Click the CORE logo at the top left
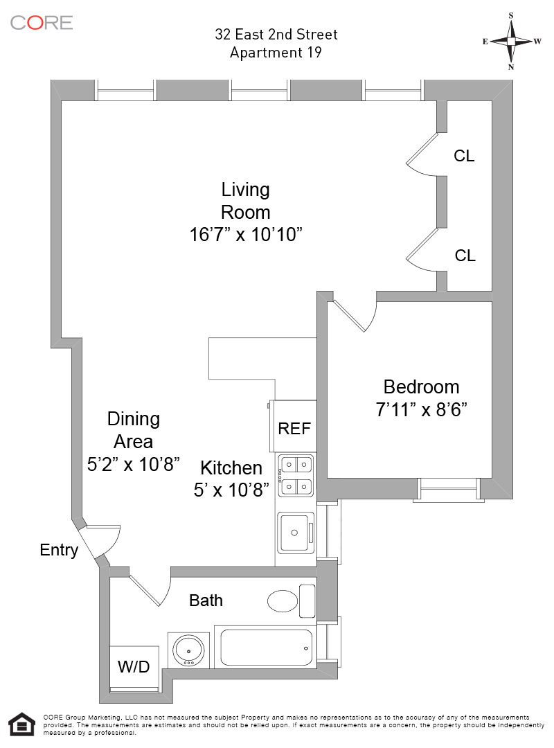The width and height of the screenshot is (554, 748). coord(42,22)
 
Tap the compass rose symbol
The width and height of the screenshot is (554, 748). coord(511,41)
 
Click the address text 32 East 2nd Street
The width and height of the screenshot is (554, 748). coord(276,35)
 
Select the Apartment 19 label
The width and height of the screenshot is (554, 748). coord(276,53)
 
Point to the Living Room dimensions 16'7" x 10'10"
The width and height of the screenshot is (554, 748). coord(247,235)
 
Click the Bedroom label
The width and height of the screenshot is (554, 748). coord(421,386)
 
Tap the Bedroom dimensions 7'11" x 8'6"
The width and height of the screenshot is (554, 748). coord(421,409)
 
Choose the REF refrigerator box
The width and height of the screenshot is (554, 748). coord(294,427)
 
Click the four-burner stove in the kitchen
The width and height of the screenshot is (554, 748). coord(296,475)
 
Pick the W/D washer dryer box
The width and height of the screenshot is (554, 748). coord(134,667)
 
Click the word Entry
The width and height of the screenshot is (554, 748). coord(59,551)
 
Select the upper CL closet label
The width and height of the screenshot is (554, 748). coord(464,156)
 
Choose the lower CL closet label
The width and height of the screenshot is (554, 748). coord(465,256)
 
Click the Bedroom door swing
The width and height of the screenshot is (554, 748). coord(355,315)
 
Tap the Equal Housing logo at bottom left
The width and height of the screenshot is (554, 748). coord(21,724)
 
